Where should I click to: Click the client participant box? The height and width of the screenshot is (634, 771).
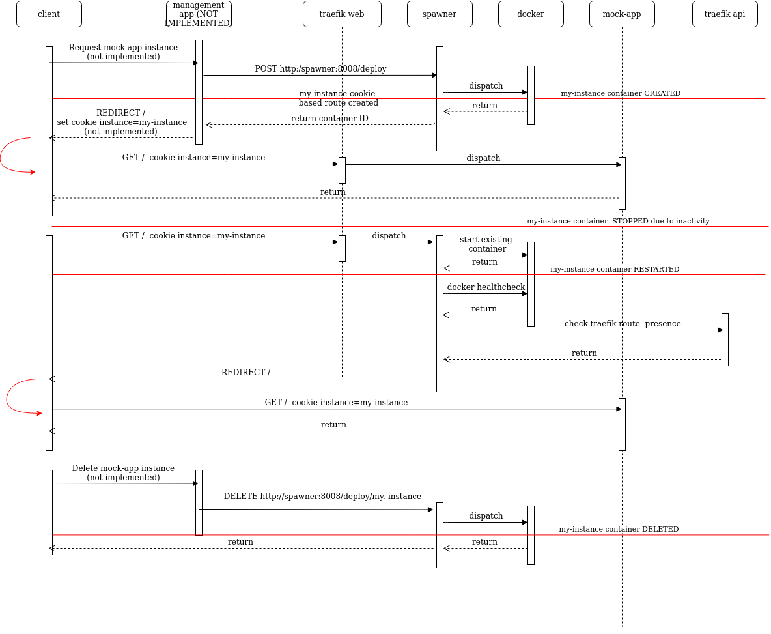coord(49,14)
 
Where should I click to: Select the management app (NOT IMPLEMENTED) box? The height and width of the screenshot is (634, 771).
coord(199,14)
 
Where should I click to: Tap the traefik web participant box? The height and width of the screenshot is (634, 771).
coord(342,14)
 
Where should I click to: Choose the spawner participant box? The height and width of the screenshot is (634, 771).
coord(440,14)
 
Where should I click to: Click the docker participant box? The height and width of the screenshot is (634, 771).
coord(531,14)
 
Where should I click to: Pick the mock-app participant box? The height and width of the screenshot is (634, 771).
coord(622,14)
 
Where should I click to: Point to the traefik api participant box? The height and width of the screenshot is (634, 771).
coord(725,14)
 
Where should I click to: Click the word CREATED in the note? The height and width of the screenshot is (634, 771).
coord(662,93)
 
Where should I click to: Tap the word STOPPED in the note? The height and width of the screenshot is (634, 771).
coord(630,221)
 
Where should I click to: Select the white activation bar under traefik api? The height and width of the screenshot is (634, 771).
coord(725,339)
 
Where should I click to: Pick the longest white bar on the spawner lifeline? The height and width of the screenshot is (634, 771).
coord(440,313)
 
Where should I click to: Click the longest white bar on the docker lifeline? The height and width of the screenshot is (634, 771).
coord(531,284)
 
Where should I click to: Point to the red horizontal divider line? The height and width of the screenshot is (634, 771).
coord(326,535)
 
